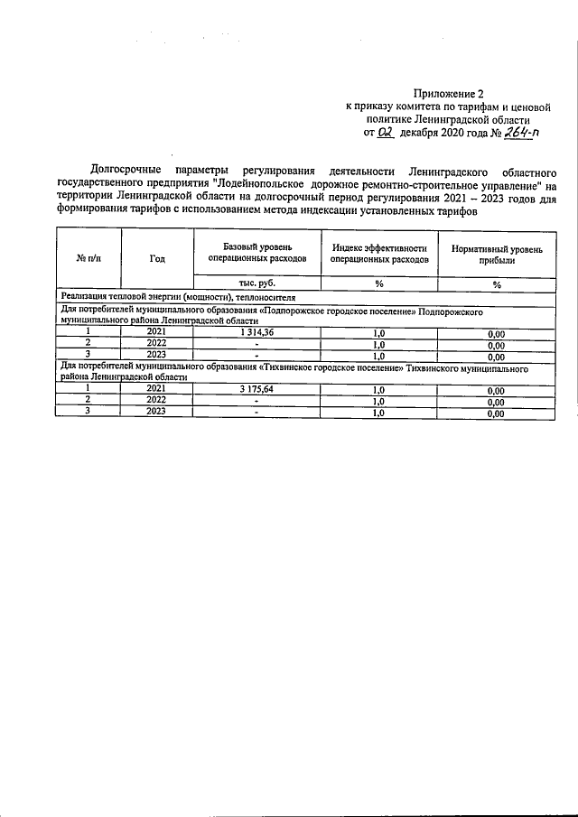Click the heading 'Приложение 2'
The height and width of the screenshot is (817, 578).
(449, 92)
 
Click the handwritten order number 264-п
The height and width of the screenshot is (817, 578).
(518, 133)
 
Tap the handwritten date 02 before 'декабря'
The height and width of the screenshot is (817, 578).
(387, 133)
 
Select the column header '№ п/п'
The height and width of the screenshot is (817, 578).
(89, 258)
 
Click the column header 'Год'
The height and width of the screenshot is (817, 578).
(157, 258)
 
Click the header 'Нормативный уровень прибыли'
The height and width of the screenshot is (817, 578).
(497, 253)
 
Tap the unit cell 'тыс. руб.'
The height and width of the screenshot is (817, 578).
(256, 283)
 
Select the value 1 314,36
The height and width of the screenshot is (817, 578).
(256, 331)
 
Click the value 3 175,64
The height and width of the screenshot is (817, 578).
(256, 388)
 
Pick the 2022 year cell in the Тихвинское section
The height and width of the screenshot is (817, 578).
(157, 400)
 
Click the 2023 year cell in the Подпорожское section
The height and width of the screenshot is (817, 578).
(157, 355)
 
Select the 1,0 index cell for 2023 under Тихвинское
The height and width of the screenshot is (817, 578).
(378, 413)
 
